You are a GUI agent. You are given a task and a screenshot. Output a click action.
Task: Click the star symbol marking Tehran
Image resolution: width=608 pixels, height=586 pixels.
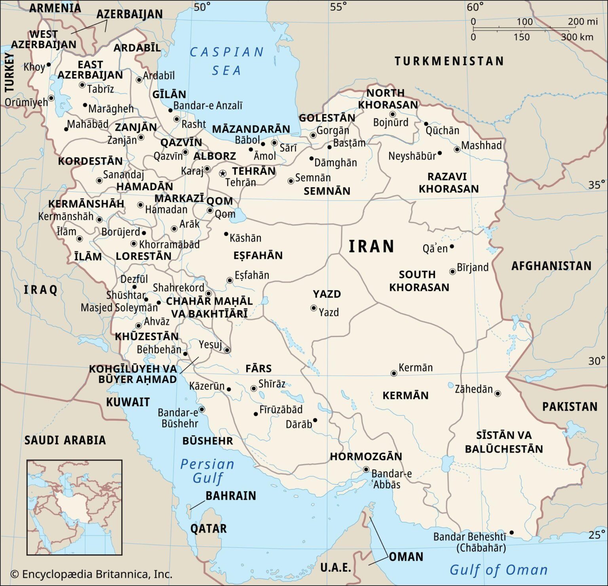(222, 173)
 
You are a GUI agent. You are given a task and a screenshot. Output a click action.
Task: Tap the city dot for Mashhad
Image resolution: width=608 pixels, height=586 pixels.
(457, 150)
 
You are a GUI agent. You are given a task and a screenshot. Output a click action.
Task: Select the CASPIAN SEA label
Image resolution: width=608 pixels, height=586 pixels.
(226, 61)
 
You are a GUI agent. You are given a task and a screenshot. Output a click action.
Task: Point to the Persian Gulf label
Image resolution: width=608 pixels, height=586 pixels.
(207, 471)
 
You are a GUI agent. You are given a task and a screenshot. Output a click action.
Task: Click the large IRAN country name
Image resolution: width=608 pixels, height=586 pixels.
(371, 247)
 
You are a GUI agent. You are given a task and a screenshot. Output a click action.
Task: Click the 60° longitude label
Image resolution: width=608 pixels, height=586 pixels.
(475, 7)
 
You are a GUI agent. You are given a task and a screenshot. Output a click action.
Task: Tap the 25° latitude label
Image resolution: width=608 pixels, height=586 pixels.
(596, 535)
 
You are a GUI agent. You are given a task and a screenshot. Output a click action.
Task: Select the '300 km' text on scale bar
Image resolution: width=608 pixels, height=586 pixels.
(577, 37)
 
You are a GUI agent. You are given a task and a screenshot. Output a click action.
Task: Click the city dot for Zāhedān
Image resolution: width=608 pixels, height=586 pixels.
(498, 393)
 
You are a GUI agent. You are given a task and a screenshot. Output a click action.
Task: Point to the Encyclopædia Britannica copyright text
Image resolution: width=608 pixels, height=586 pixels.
(91, 574)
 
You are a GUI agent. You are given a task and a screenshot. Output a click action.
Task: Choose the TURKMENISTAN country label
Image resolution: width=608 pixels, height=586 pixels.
(449, 61)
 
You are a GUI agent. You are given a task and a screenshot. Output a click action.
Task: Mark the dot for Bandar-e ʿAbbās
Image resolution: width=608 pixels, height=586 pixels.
(366, 470)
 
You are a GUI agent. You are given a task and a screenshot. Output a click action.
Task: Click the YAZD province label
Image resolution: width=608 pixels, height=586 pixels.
(327, 294)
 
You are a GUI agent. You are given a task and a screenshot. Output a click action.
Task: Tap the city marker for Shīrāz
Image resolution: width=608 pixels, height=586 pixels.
(253, 389)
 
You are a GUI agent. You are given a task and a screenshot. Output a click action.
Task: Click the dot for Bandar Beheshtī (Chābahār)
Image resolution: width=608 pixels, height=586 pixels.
(511, 533)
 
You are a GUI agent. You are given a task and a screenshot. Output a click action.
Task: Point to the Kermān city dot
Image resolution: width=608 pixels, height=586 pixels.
(393, 373)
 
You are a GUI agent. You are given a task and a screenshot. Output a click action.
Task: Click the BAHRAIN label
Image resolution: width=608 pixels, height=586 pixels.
(230, 496)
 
